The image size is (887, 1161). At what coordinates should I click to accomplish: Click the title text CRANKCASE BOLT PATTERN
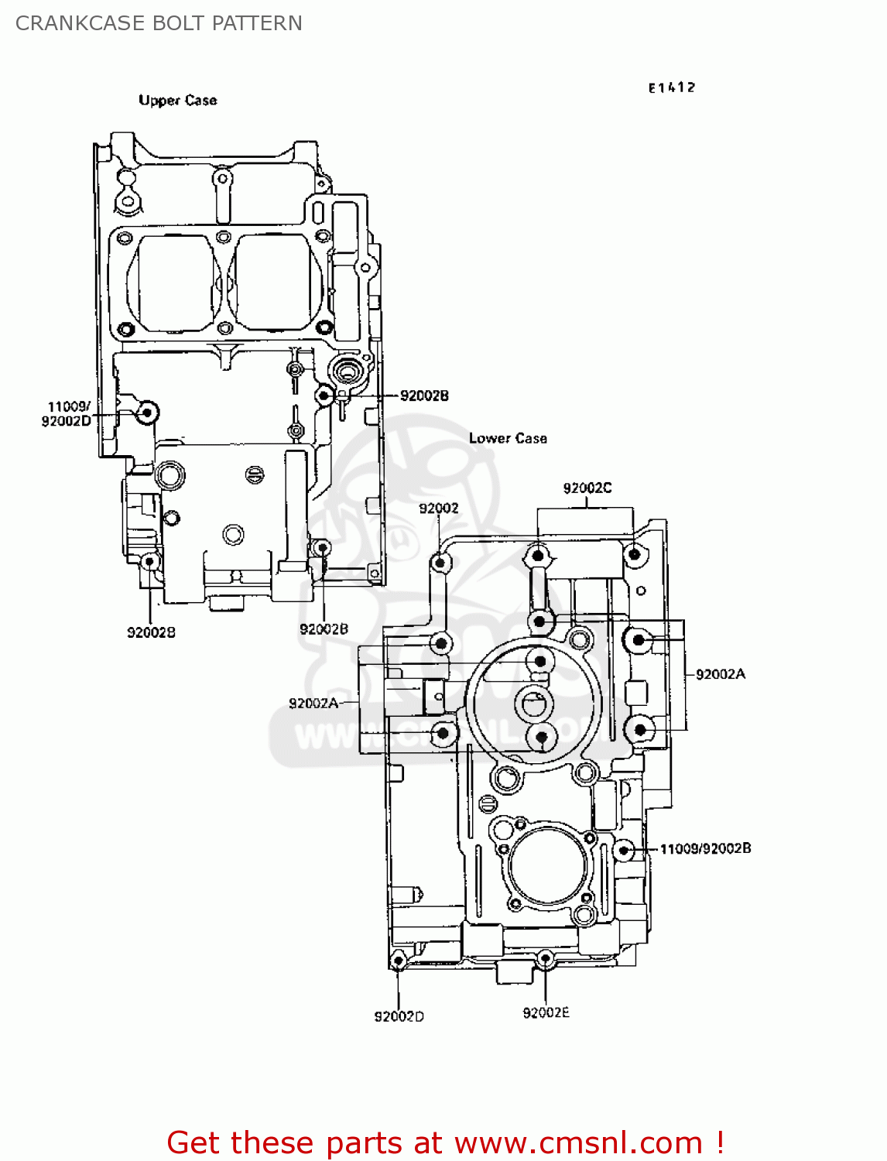[159, 23]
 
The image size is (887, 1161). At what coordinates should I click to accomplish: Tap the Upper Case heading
[177, 100]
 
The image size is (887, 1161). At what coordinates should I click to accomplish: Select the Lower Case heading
[508, 438]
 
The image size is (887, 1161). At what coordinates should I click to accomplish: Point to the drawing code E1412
[671, 87]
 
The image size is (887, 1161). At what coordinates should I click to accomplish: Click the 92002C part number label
[587, 488]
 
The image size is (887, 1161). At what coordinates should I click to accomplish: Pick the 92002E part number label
[546, 1012]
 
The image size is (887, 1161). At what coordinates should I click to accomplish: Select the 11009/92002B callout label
[704, 848]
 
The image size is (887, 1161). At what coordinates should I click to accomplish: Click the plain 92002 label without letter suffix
[438, 508]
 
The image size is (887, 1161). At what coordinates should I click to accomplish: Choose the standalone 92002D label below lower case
[399, 1016]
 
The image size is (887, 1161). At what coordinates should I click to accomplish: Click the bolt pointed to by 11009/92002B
[624, 850]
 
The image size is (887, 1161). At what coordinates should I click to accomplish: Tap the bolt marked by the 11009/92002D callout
[146, 413]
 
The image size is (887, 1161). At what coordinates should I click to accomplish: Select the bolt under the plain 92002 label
[440, 563]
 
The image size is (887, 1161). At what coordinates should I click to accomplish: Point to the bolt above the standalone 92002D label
[398, 961]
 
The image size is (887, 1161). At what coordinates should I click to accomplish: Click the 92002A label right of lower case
[720, 674]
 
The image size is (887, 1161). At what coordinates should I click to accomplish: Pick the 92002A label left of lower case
[313, 703]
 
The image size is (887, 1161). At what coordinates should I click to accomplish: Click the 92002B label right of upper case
[423, 396]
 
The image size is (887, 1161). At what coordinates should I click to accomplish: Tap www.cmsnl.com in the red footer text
[577, 1142]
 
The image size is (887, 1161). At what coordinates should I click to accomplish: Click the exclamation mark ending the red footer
[720, 1142]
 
